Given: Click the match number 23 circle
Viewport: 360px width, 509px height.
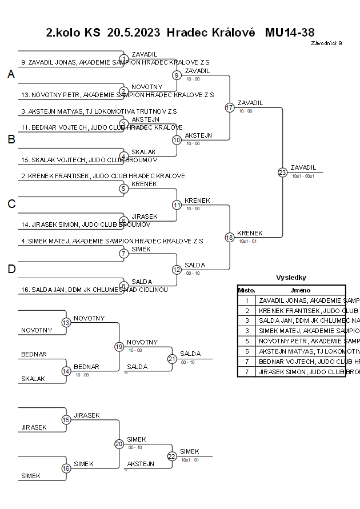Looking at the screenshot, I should pyautogui.click(x=282, y=172).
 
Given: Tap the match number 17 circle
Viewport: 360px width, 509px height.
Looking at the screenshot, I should pyautogui.click(x=230, y=107).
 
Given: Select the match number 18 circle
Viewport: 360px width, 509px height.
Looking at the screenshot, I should pyautogui.click(x=230, y=238).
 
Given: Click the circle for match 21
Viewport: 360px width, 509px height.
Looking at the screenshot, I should pyautogui.click(x=172, y=359).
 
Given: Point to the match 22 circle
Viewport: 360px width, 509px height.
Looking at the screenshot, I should pyautogui.click(x=172, y=456).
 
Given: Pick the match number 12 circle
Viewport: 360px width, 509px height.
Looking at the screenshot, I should pyautogui.click(x=177, y=270).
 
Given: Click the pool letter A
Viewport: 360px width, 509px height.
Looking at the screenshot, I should pyautogui.click(x=11, y=75).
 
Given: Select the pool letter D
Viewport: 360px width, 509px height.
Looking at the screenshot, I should pyautogui.click(x=11, y=269).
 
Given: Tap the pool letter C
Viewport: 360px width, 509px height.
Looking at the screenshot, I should pyautogui.click(x=11, y=204).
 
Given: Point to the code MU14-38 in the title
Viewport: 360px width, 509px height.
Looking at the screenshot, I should pyautogui.click(x=290, y=33).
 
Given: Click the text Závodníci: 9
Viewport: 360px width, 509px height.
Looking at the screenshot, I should pyautogui.click(x=326, y=43).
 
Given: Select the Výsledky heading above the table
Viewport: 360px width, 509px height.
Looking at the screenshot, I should pyautogui.click(x=291, y=278).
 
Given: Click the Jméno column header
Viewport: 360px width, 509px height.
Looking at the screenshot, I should pyautogui.click(x=300, y=290).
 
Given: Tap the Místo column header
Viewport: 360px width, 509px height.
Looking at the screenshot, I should pyautogui.click(x=246, y=290).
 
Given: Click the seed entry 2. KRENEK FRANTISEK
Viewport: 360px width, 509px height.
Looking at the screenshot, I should pyautogui.click(x=103, y=176).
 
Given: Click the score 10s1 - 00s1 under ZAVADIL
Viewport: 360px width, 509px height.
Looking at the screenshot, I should pyautogui.click(x=303, y=176).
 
